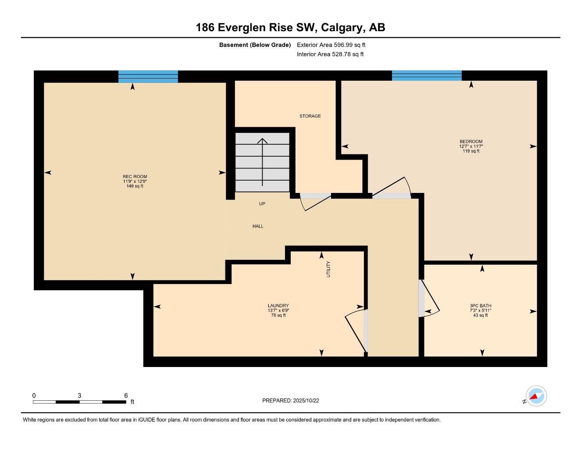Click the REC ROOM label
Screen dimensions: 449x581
coord(135,177)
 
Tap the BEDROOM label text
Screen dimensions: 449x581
coord(471,142)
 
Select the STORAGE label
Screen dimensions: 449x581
coord(310,116)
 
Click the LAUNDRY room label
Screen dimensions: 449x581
coord(278,306)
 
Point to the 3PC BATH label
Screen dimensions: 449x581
coord(480,306)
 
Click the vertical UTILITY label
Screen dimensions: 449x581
coord(328,269)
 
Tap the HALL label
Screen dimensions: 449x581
coord(258,226)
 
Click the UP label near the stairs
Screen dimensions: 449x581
coord(262,204)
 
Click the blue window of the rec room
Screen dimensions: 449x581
coord(148,77)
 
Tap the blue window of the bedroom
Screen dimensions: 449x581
coord(427,76)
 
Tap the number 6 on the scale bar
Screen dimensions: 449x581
coord(126,395)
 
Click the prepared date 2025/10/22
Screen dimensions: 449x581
coord(308,400)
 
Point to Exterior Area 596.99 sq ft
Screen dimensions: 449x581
coord(331,45)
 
